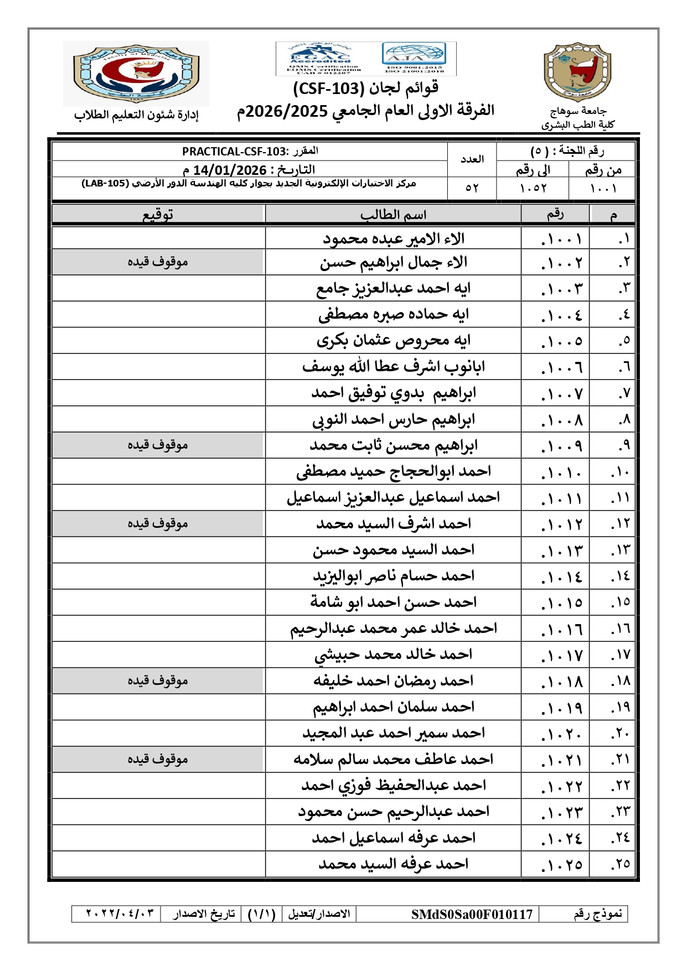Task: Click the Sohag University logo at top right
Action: (x=577, y=72)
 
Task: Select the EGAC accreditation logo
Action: (x=319, y=58)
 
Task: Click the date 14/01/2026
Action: (x=230, y=170)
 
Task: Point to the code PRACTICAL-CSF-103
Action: (x=234, y=151)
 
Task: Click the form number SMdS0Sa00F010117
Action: (x=472, y=914)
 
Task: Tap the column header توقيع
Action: (x=158, y=214)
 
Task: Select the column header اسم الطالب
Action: (x=393, y=214)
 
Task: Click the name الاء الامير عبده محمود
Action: (x=394, y=239)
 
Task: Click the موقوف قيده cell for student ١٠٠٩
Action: (x=158, y=445)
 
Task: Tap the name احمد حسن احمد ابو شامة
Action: (x=394, y=602)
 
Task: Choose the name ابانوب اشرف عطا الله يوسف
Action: (x=394, y=367)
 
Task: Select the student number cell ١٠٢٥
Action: (x=561, y=865)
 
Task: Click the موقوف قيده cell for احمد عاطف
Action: (x=158, y=759)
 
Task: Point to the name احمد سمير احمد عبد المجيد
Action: (x=394, y=733)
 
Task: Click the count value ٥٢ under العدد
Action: (x=472, y=188)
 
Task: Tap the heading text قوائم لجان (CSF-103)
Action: (x=366, y=88)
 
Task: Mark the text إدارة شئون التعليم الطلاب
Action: (x=136, y=115)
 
